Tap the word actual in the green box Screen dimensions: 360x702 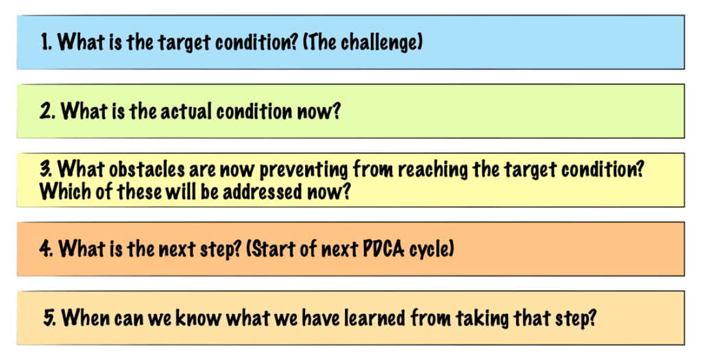coord(190,111)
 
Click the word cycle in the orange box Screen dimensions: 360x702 coord(431,250)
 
